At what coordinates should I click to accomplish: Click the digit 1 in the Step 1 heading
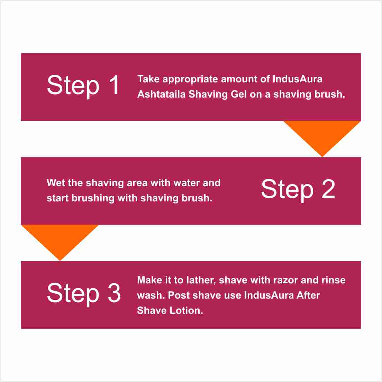tap(114, 85)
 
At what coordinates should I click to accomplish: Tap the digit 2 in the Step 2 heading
tap(328, 189)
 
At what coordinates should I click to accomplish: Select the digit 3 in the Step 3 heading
tap(114, 293)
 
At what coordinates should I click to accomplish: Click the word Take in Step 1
tap(148, 79)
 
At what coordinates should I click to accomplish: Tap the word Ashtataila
tap(162, 94)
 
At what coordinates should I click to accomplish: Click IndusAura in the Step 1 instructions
tap(298, 79)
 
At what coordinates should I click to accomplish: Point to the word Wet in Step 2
tap(56, 183)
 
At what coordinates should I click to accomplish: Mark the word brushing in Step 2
tap(93, 198)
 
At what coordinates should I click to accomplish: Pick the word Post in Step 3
tap(179, 295)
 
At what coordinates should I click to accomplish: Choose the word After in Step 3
tap(308, 295)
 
